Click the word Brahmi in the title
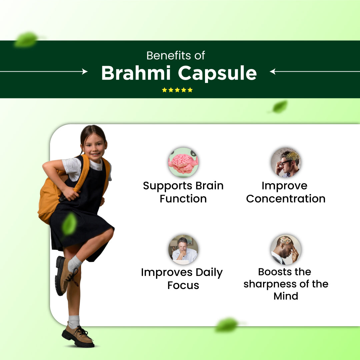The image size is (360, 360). pos(136,73)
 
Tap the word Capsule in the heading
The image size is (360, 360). pos(217,74)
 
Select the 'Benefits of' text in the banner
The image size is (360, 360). pos(176,55)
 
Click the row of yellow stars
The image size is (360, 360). pos(177,90)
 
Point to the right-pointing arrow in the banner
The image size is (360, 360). pos(44,72)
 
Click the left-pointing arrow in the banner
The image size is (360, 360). pos(315,72)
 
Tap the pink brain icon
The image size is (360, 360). pos(183,162)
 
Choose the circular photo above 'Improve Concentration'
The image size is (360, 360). pos(286,162)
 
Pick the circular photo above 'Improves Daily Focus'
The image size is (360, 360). pos(183,250)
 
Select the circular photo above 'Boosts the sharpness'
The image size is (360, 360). pos(286,250)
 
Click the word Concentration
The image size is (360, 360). pos(286,199)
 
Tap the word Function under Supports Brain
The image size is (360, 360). pos(183,199)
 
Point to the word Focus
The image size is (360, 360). pos(183,285)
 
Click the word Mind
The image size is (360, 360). pos(286,296)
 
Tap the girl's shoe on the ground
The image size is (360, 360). pos(78,335)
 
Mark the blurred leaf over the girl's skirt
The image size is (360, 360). pos(69,224)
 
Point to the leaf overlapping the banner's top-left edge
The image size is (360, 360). pos(26,39)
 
